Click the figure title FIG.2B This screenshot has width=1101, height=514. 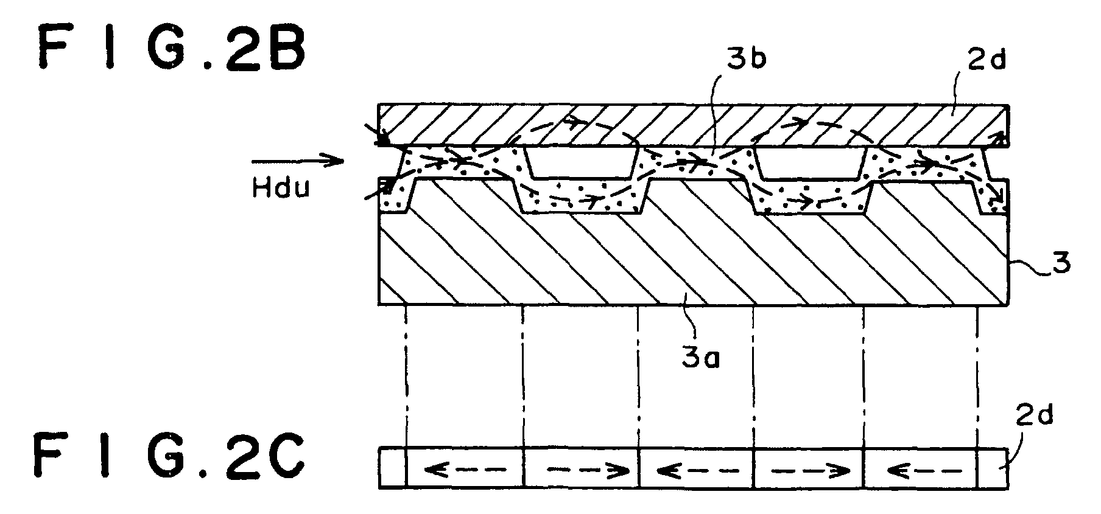171,49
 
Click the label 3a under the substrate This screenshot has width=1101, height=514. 700,359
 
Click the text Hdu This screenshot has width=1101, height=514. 281,188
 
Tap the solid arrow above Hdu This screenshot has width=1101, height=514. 297,161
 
